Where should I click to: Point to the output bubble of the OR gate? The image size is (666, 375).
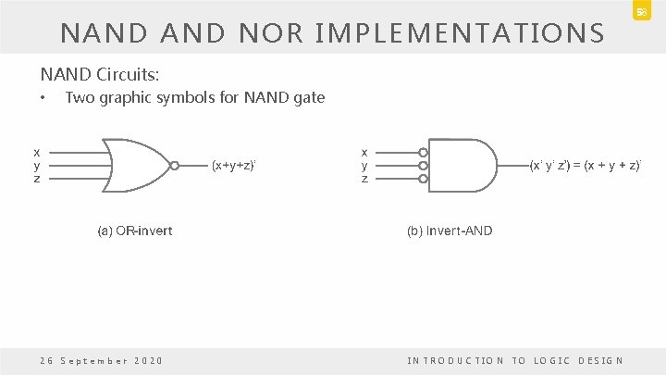175,166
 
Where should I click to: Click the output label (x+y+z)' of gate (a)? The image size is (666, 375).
233,166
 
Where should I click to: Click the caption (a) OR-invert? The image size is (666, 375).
133,231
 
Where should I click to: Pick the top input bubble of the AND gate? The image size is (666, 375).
423,153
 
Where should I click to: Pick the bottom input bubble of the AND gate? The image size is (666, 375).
423,178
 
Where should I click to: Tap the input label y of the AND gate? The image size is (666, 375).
365,165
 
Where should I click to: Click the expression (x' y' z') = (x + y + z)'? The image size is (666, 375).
585,166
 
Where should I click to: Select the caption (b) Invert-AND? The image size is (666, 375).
449,231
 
